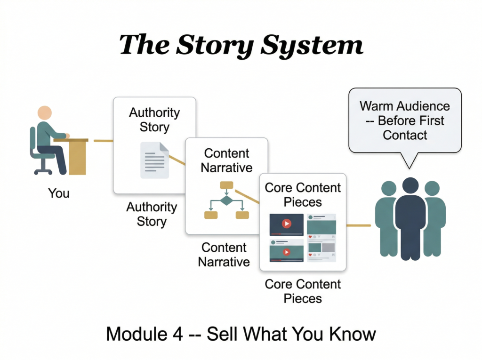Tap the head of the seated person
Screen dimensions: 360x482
pos(45,113)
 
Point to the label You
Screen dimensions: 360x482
pos(59,193)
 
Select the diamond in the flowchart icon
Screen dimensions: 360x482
pos(226,201)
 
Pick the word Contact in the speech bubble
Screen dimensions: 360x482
pos(405,135)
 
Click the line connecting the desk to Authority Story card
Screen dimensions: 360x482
pos(103,140)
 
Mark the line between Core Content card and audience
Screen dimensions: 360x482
pos(359,225)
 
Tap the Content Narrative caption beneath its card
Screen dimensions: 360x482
pos(224,255)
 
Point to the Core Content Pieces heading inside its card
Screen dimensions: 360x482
pos(303,195)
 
